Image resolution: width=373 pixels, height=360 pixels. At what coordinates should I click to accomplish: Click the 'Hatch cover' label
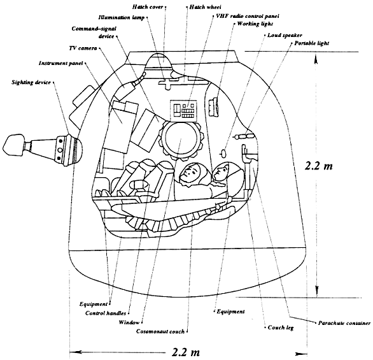tap(148, 7)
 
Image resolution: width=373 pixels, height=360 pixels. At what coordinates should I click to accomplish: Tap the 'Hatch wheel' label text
tap(205, 7)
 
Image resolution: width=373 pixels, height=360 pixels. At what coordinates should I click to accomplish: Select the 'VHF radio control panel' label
tap(248, 16)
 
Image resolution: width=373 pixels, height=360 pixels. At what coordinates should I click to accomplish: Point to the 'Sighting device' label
tap(31, 82)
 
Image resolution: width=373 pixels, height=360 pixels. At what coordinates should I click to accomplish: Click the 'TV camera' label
tap(83, 48)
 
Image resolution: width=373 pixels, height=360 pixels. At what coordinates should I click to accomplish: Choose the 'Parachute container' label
tap(344, 323)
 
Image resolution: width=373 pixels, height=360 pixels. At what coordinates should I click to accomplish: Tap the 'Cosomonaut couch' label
tap(160, 331)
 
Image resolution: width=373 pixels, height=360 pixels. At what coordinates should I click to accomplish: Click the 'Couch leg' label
tap(281, 328)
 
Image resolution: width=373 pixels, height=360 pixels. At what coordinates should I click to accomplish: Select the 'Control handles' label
tap(106, 313)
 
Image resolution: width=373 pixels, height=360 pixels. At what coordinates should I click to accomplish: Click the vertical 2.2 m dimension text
tap(318, 166)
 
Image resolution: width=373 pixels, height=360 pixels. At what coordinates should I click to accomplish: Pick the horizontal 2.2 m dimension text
tap(186, 352)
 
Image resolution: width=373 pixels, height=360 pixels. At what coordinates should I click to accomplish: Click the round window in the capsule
tap(181, 139)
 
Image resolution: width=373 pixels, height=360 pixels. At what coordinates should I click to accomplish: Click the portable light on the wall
tap(244, 136)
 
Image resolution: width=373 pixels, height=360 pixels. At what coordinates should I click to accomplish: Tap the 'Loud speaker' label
tap(285, 35)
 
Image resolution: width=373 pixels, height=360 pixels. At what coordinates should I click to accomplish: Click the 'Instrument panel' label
tap(60, 63)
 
